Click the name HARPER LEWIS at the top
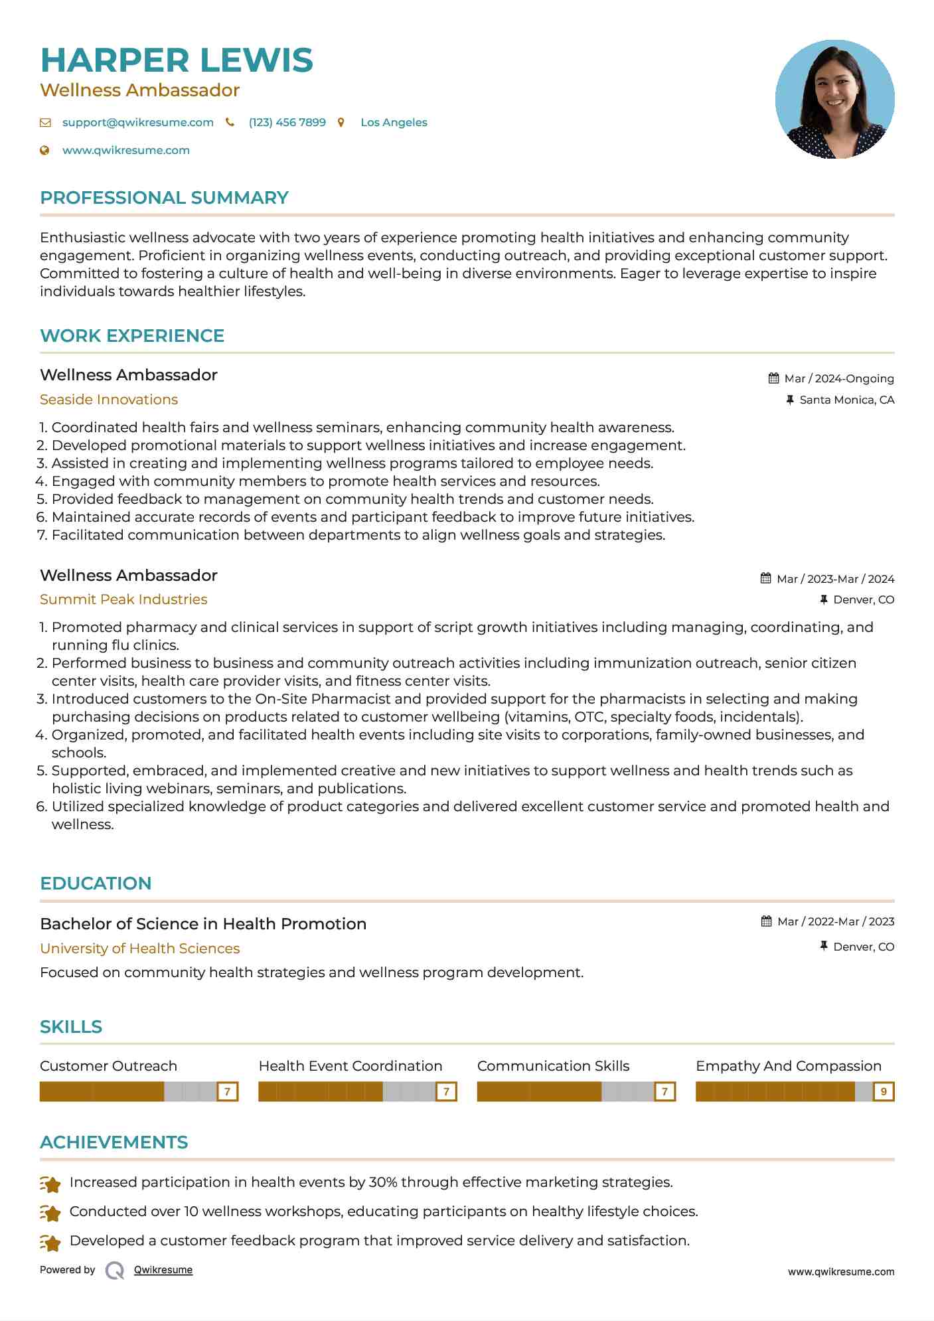(x=177, y=60)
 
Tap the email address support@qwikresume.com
(x=137, y=122)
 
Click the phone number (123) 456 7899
(x=287, y=122)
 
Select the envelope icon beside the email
(x=45, y=122)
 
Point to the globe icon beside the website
(x=44, y=150)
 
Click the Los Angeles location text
(x=394, y=122)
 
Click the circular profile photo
(x=834, y=100)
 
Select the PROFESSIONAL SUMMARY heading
(x=164, y=198)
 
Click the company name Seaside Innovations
(x=109, y=400)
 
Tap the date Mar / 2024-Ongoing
(x=838, y=378)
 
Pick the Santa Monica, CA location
(x=846, y=400)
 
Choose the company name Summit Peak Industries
(x=123, y=599)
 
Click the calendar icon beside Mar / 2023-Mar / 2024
(x=765, y=578)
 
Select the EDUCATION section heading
(x=96, y=884)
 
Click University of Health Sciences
(x=139, y=949)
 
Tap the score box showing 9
(x=883, y=1091)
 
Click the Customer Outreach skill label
(x=108, y=1066)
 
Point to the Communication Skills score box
(x=664, y=1091)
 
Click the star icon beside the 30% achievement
(x=50, y=1184)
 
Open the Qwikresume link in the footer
(x=163, y=1270)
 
